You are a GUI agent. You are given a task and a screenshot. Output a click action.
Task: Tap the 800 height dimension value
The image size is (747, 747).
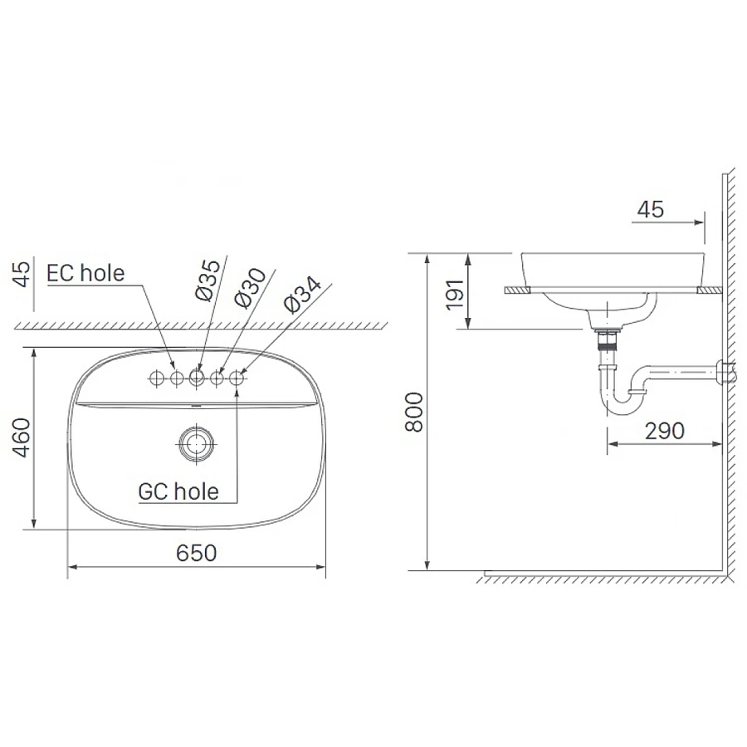pos(414,412)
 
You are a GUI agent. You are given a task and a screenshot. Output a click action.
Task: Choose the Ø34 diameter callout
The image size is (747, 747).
pos(295,295)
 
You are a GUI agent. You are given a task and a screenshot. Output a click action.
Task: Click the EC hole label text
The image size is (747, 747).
pos(85,272)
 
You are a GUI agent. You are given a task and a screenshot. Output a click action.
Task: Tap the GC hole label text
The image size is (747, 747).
pos(178,491)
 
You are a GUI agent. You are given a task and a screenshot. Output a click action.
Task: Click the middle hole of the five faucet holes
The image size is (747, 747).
pos(197,378)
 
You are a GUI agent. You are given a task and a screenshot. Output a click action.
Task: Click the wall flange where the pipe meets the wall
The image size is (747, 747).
pos(724,373)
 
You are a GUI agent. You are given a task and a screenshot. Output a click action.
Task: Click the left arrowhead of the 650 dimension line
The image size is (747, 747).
pos(71,567)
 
